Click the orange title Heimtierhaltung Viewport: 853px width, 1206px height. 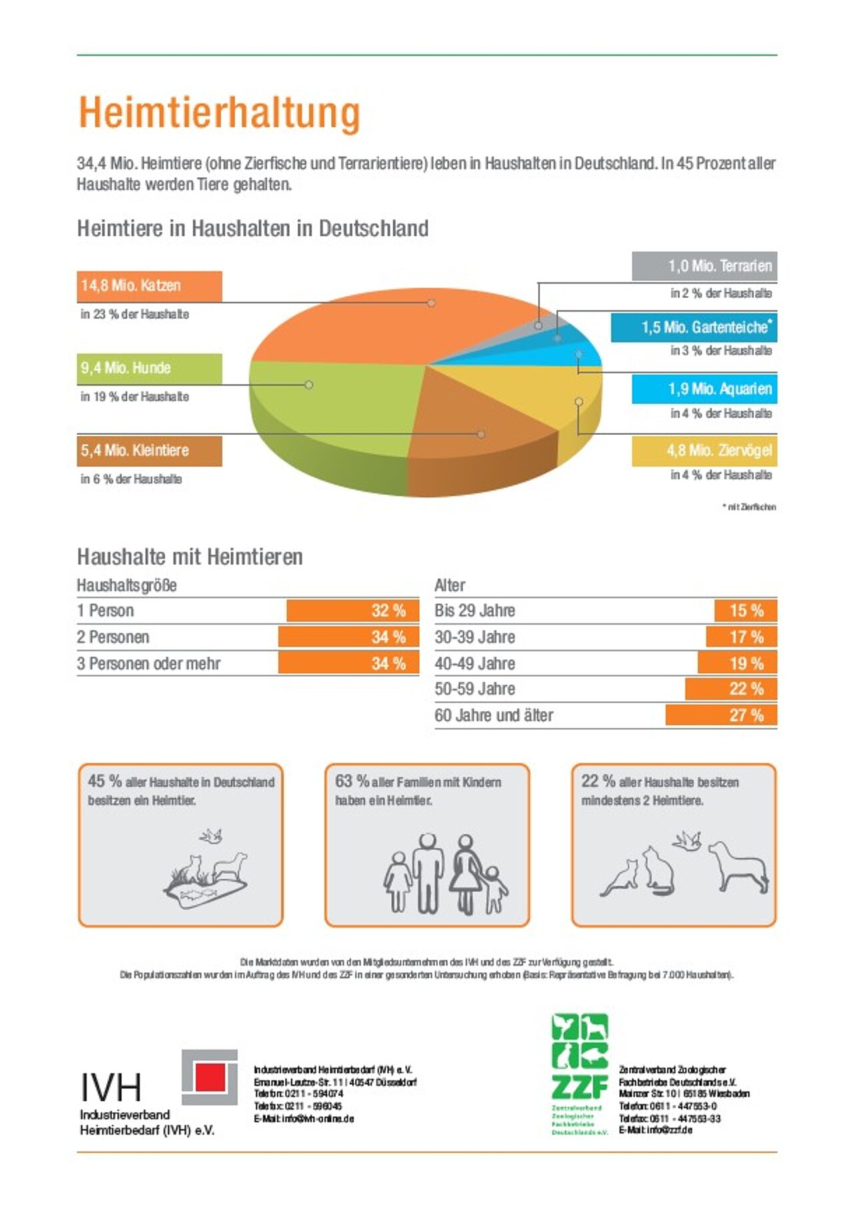(x=219, y=113)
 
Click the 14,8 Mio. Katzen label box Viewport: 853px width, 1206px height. (x=149, y=286)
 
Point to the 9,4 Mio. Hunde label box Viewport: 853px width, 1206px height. (x=149, y=368)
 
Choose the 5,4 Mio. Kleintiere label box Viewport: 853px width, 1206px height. (x=149, y=451)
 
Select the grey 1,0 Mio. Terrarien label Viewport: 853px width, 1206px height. (x=704, y=266)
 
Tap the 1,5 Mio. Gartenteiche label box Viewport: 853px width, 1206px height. (x=694, y=327)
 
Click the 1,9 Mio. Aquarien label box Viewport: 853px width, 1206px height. (x=704, y=389)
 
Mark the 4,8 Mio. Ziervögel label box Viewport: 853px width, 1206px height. (x=704, y=451)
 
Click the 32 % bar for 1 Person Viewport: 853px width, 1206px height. (x=353, y=611)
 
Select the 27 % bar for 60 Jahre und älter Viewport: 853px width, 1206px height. (x=721, y=715)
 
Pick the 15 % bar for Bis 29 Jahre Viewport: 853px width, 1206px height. (x=746, y=611)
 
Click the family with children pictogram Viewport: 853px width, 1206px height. (x=444, y=873)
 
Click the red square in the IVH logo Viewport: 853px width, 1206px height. (x=210, y=1076)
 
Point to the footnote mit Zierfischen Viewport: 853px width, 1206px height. (x=750, y=507)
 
